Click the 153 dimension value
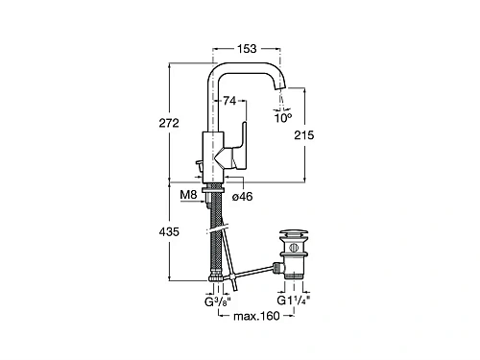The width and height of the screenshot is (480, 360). click(247, 49)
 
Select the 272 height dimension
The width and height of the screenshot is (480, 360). click(169, 123)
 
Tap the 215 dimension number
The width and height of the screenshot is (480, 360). click(304, 135)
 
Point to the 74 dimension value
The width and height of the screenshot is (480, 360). click(229, 101)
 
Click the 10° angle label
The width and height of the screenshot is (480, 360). click(283, 118)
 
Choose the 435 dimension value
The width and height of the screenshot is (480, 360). click(169, 231)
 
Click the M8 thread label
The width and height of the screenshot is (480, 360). click(188, 194)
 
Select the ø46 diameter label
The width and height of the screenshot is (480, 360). click(242, 197)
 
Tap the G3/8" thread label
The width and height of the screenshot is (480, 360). click(218, 301)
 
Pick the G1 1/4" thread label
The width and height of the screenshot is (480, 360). click(294, 300)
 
